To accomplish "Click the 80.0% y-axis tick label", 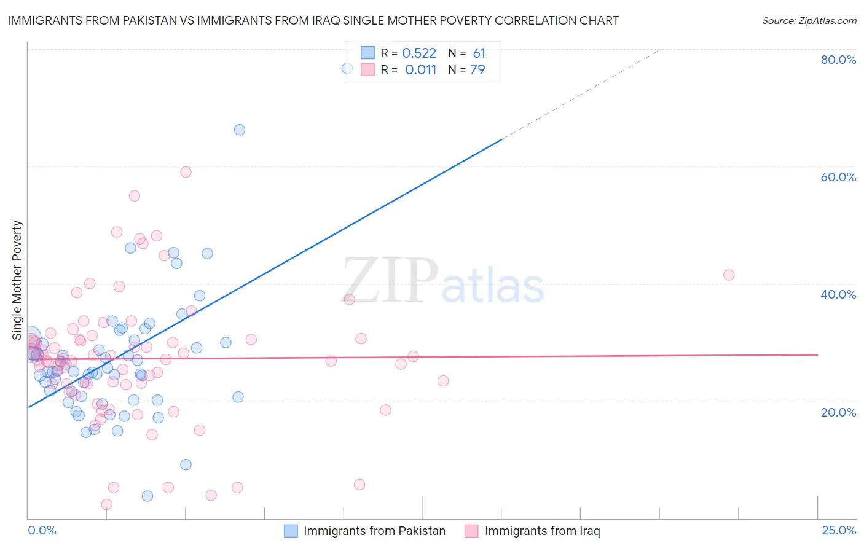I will click(x=838, y=60).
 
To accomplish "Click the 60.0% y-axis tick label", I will click(x=838, y=177).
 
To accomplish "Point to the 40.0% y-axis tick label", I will click(x=838, y=294).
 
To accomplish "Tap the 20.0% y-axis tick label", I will click(x=838, y=412).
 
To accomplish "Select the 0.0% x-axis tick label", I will click(x=42, y=530).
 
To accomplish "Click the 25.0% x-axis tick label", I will click(x=839, y=530).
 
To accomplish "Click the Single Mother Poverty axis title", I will click(x=17, y=280).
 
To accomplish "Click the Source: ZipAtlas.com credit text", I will click(x=809, y=20).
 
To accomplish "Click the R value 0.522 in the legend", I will click(x=419, y=53).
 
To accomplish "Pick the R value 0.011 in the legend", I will click(x=420, y=70).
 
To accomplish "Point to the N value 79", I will click(x=477, y=70).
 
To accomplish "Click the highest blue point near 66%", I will click(x=240, y=130).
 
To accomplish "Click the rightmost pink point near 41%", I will click(x=729, y=275).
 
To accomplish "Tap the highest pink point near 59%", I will click(x=186, y=172).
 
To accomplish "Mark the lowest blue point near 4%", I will click(x=147, y=496).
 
